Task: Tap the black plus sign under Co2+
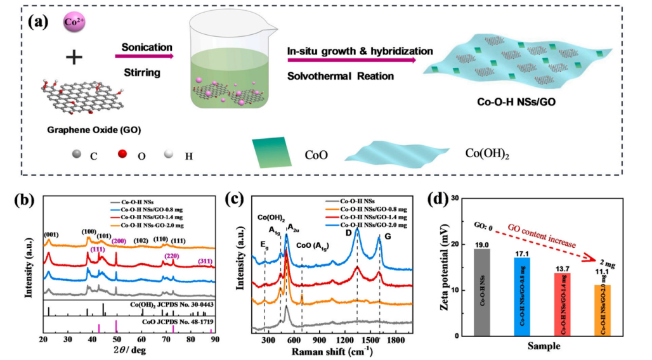tap(75, 58)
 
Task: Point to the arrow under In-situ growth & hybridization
tap(351, 61)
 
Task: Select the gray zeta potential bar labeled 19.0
tap(485, 292)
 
